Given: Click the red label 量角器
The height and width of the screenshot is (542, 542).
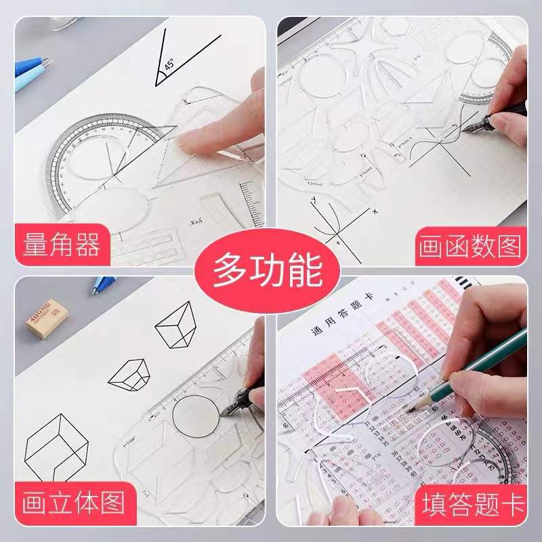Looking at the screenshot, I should click(x=62, y=243).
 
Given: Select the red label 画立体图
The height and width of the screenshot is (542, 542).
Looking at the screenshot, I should click(x=73, y=503).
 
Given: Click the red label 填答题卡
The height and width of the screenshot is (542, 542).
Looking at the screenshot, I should click(x=473, y=504).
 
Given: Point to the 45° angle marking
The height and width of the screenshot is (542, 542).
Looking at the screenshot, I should click(x=167, y=66).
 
